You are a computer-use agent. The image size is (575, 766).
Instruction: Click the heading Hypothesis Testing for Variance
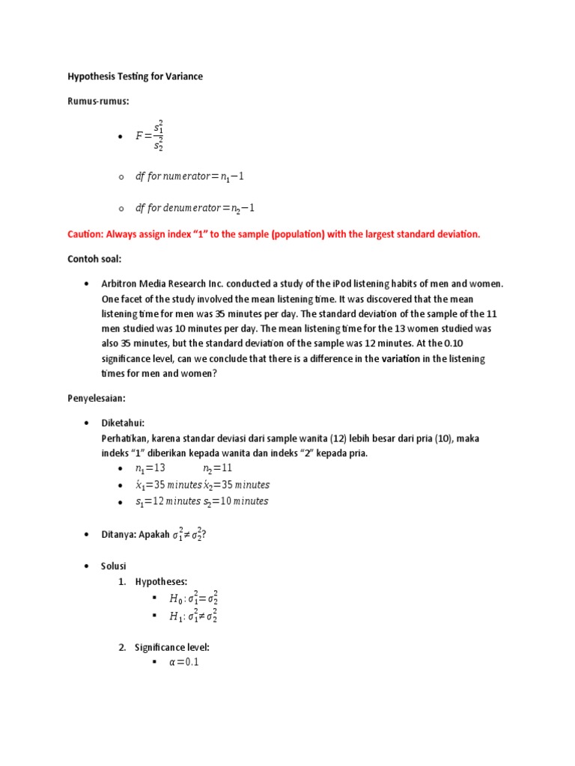tap(135, 76)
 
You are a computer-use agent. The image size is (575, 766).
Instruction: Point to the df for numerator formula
tap(189, 177)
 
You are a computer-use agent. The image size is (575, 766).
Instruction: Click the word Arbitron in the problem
tap(121, 284)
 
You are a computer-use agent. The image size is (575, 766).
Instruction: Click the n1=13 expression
tap(150, 468)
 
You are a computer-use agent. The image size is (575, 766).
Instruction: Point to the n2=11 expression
tap(219, 468)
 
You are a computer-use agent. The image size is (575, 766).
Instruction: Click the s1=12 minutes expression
tap(168, 501)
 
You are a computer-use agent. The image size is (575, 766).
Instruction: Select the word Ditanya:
tap(118, 534)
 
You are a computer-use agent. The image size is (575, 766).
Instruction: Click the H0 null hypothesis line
tap(194, 598)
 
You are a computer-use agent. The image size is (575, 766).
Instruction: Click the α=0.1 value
tap(184, 662)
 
